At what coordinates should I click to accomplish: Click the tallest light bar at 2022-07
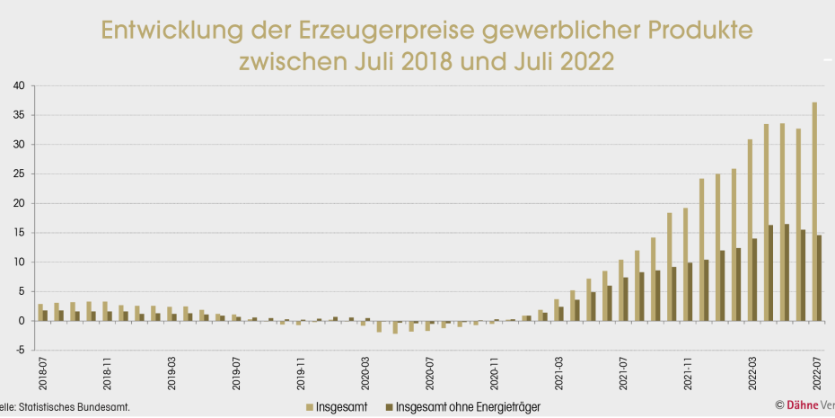click(x=814, y=211)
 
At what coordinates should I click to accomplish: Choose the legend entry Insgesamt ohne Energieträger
click(x=468, y=407)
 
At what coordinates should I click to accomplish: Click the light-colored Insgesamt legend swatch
click(x=309, y=407)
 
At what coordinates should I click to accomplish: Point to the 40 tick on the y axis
click(x=18, y=86)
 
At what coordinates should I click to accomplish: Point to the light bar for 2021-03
click(x=557, y=310)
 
